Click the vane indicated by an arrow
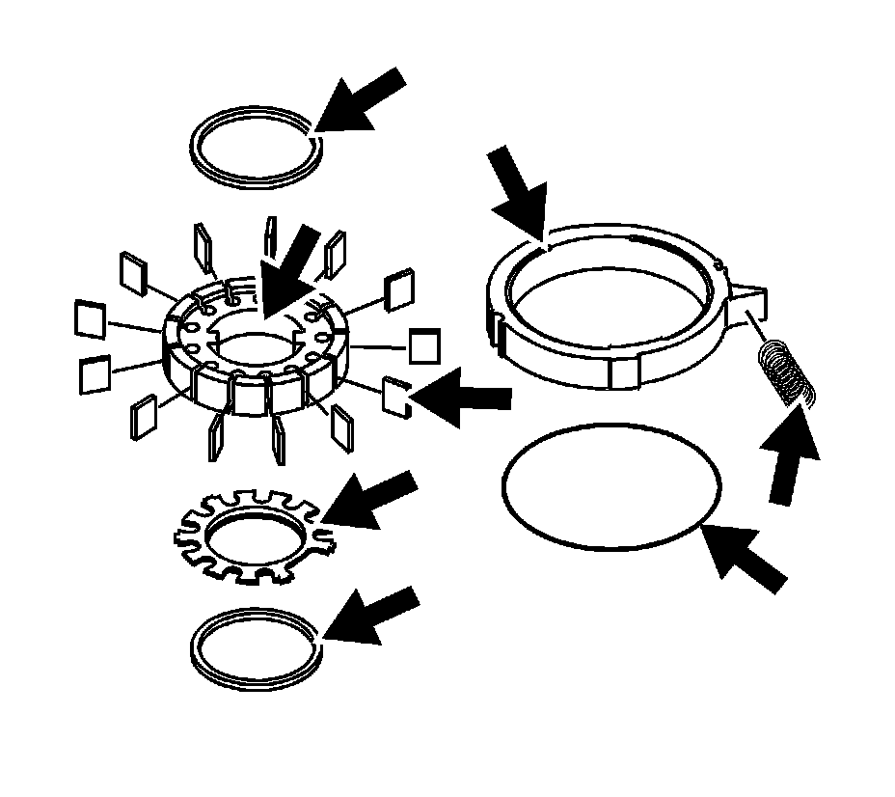(397, 395)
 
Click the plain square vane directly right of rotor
(424, 345)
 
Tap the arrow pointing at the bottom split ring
(370, 615)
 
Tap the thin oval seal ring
(611, 486)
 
